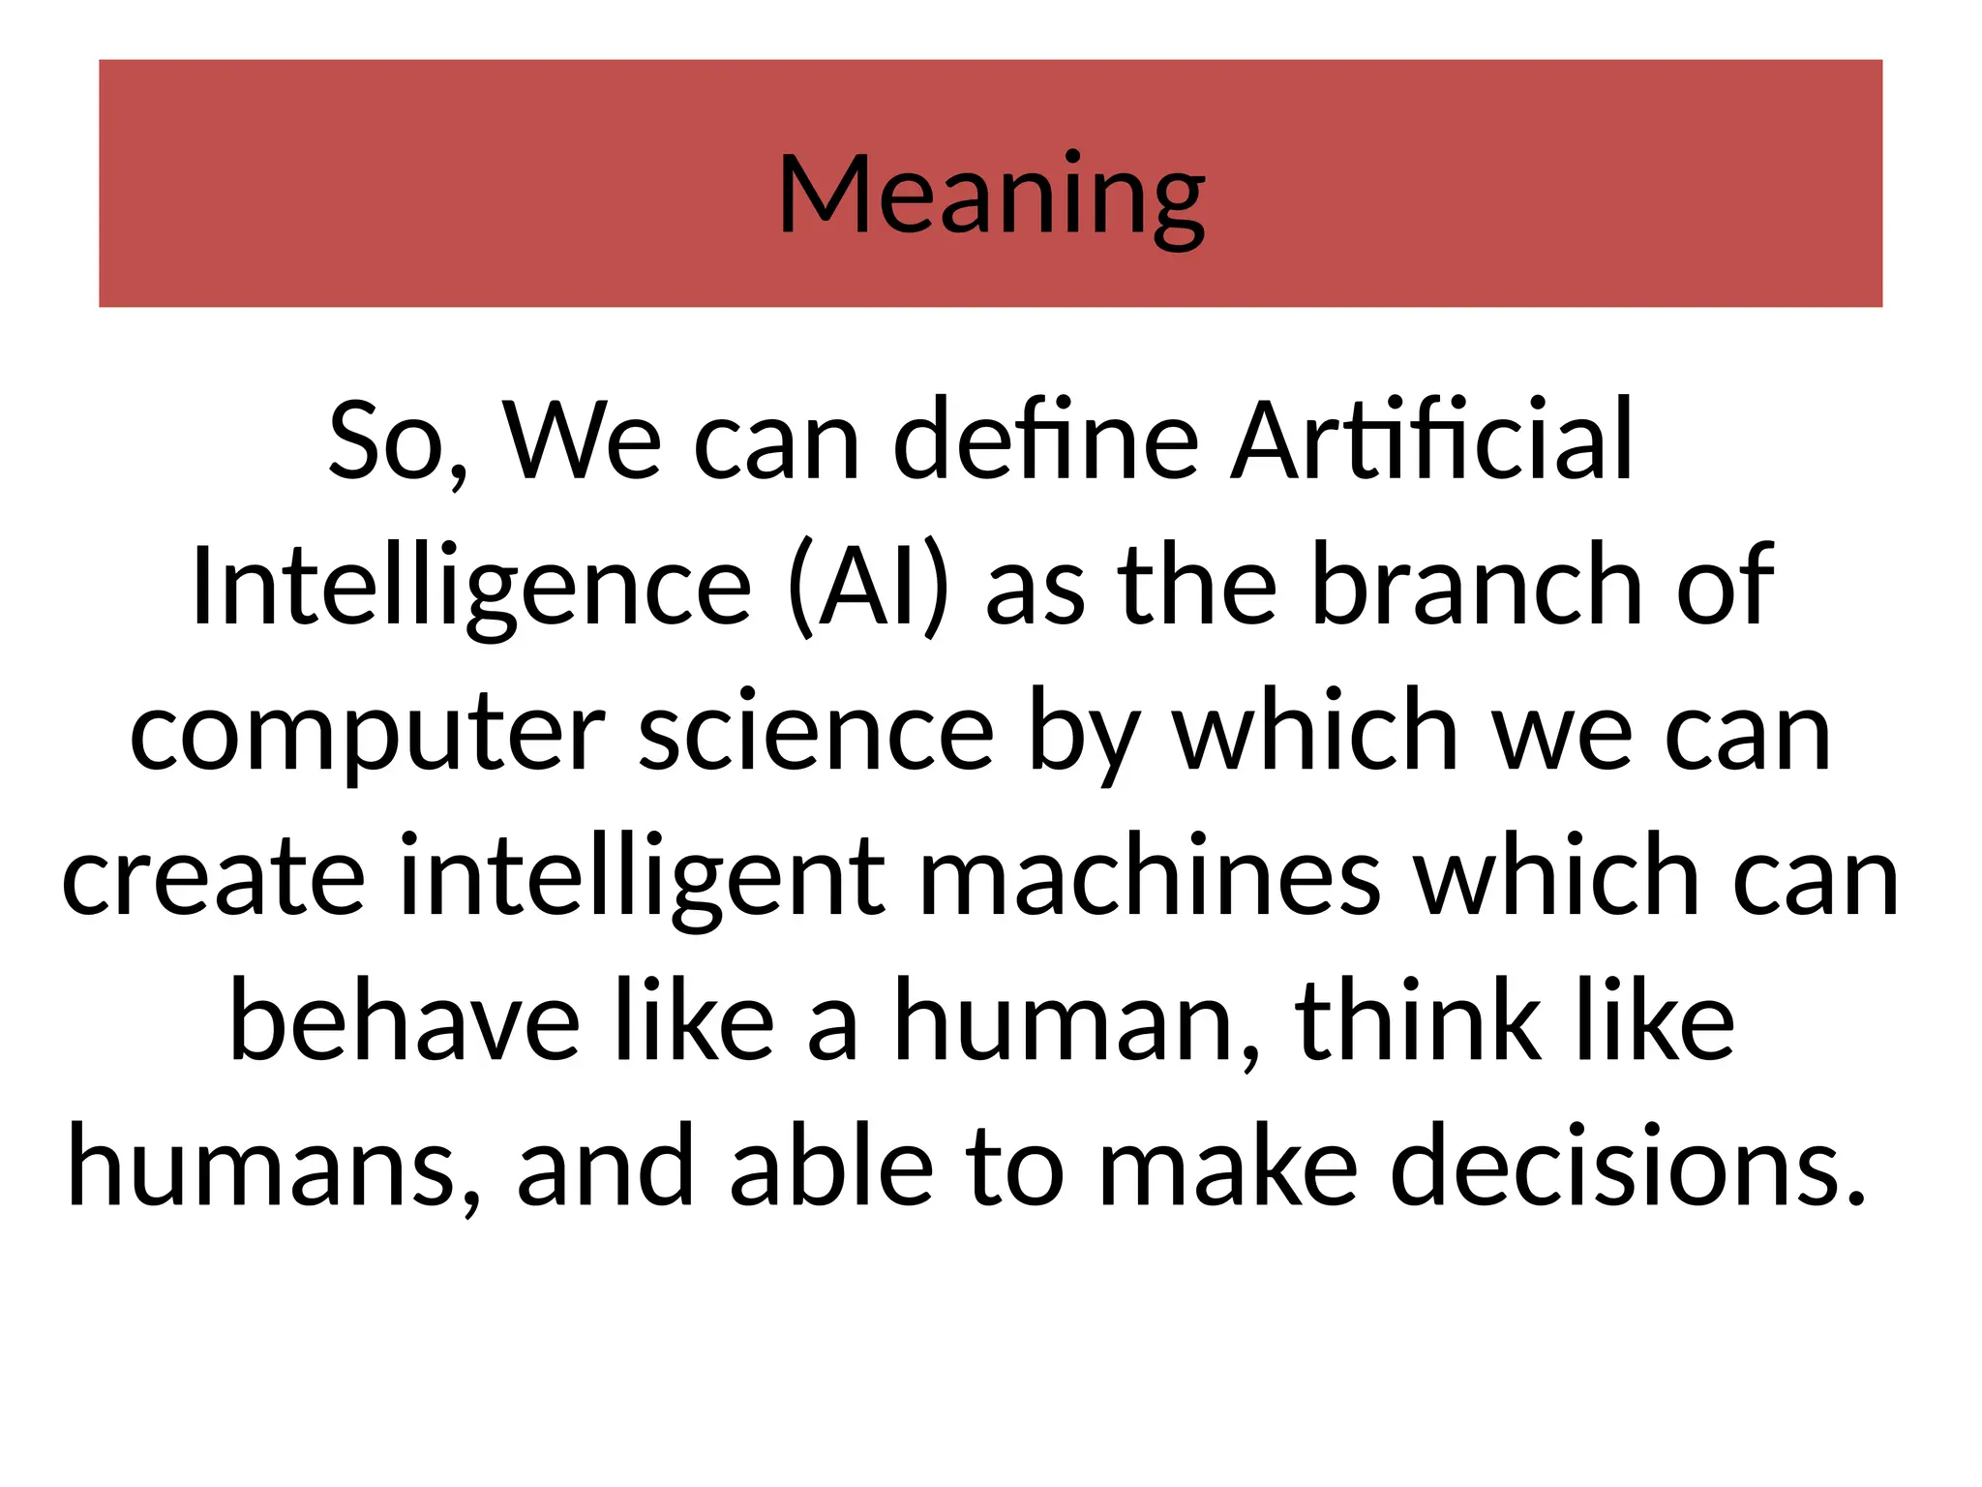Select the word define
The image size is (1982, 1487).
pyautogui.click(x=1045, y=440)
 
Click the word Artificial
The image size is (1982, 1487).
pyautogui.click(x=1432, y=440)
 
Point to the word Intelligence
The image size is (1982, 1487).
pyautogui.click(x=471, y=587)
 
